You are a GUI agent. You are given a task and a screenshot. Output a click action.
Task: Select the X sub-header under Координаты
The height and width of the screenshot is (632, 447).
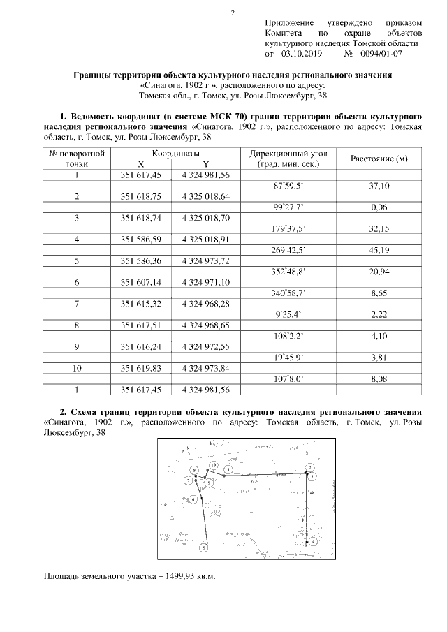(x=141, y=164)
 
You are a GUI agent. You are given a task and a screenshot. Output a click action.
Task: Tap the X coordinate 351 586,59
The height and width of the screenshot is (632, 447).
(x=141, y=240)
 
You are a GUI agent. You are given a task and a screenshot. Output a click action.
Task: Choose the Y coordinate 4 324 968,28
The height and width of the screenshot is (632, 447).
(x=205, y=304)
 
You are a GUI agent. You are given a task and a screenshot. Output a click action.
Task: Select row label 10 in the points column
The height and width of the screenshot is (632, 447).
(x=77, y=368)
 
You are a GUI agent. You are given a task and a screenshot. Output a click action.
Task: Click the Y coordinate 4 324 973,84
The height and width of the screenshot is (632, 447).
(x=205, y=368)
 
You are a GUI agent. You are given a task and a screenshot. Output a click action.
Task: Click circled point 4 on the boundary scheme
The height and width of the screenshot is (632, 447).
(x=314, y=541)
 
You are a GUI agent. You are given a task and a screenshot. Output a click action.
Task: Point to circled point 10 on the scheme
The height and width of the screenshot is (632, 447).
(x=214, y=465)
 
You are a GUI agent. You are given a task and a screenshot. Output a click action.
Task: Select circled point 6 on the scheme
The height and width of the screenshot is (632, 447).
(x=193, y=500)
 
